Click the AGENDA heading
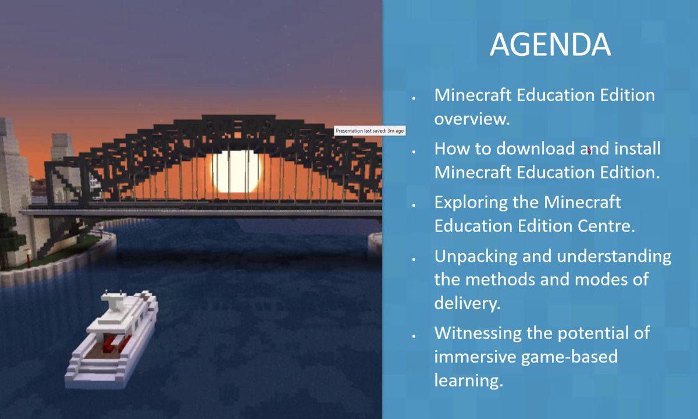pyautogui.click(x=550, y=45)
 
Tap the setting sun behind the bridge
pyautogui.click(x=237, y=171)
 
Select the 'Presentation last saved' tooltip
pyautogui.click(x=369, y=131)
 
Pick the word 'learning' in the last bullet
pyautogui.click(x=466, y=381)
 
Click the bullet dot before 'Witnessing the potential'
pyautogui.click(x=413, y=336)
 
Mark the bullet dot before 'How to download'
pyautogui.click(x=413, y=151)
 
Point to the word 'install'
pyautogui.click(x=635, y=148)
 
